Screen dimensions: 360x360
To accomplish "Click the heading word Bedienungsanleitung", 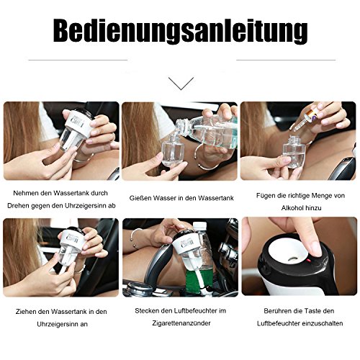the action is (x=180, y=30).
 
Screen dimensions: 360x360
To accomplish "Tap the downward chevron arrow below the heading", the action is (x=181, y=84).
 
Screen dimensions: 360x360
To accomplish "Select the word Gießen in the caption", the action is (x=140, y=198).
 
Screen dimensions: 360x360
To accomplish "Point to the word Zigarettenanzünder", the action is (x=181, y=323).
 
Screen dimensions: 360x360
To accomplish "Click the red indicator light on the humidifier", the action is (x=309, y=261).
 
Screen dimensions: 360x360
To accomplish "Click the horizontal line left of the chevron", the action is (x=78, y=60).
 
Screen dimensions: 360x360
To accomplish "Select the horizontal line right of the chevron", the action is (x=286, y=60).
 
